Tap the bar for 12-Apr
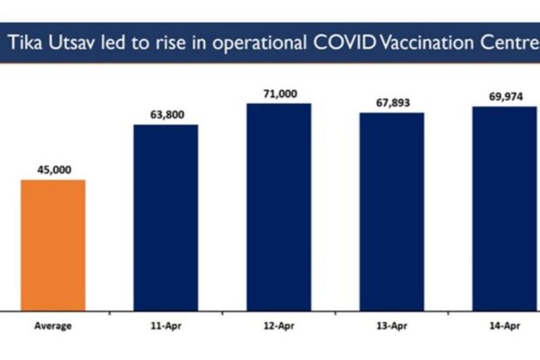click(279, 207)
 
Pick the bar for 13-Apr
click(391, 211)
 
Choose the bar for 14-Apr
click(504, 209)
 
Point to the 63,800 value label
click(166, 113)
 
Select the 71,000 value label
click(279, 93)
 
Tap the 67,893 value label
click(391, 102)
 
